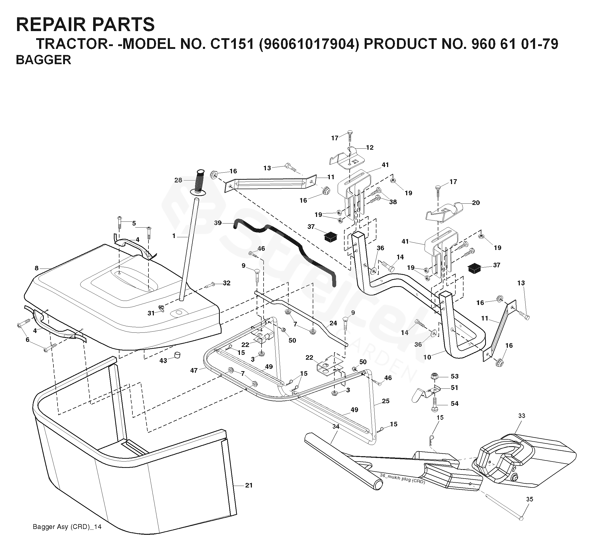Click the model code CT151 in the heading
(231, 44)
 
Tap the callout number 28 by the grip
(178, 180)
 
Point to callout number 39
(217, 223)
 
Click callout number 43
(163, 360)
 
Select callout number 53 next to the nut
(455, 376)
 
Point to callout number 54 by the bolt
(455, 404)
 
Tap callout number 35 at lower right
(530, 499)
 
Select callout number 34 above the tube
(336, 427)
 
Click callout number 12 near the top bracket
(370, 148)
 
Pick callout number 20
(476, 203)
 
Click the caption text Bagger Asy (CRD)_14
(67, 527)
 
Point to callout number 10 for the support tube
(427, 357)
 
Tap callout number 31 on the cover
(151, 313)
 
